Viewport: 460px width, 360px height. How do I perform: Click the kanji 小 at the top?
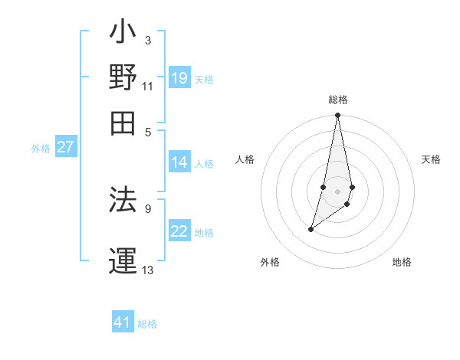pos(123,34)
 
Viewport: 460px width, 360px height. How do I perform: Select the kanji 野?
pos(123,78)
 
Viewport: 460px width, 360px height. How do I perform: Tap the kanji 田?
pos(123,123)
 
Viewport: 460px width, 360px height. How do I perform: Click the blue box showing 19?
pos(179,78)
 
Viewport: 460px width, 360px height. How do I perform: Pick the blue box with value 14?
pos(179,162)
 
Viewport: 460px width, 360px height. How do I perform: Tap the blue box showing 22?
pos(179,232)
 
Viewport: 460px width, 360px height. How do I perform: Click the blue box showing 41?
pos(123,322)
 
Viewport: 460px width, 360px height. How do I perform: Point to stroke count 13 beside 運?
pos(148,270)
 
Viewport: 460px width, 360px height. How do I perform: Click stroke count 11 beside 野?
pos(148,87)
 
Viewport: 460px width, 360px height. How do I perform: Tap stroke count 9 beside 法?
pos(148,208)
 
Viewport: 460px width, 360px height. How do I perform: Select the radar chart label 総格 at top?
pos(338,100)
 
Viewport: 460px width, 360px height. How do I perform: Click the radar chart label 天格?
pos(431,159)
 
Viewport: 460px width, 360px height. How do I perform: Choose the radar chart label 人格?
pos(245,159)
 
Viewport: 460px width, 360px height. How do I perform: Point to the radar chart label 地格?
pos(402,262)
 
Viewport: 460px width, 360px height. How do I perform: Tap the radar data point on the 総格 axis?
pos(338,116)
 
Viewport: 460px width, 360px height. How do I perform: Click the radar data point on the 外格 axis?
pos(310,229)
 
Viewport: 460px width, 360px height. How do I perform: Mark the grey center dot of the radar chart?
pos(338,191)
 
